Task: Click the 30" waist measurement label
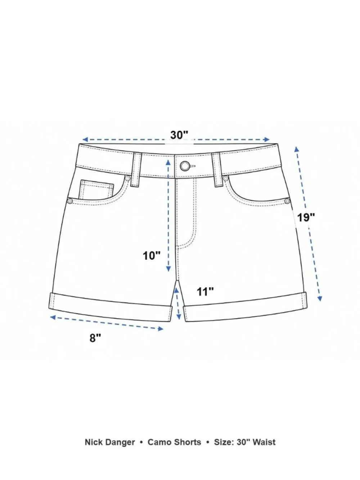pos(179,135)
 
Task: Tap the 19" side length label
pos(306,217)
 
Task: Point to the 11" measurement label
pos(205,292)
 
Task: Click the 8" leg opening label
pos(95,338)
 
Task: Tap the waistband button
pos(185,166)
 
